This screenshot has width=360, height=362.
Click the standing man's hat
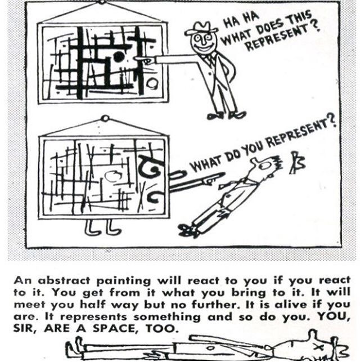pyautogui.click(x=201, y=28)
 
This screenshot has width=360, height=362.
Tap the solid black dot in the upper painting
pyautogui.click(x=119, y=57)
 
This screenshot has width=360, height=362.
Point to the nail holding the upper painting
pyautogui.click(x=102, y=2)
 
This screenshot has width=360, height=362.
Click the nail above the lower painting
pyautogui.click(x=105, y=119)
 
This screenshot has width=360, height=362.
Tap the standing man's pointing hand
pyautogui.click(x=145, y=60)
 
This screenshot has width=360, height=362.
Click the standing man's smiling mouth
pyautogui.click(x=203, y=48)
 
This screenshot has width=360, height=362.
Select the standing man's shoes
pyautogui.click(x=227, y=115)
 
